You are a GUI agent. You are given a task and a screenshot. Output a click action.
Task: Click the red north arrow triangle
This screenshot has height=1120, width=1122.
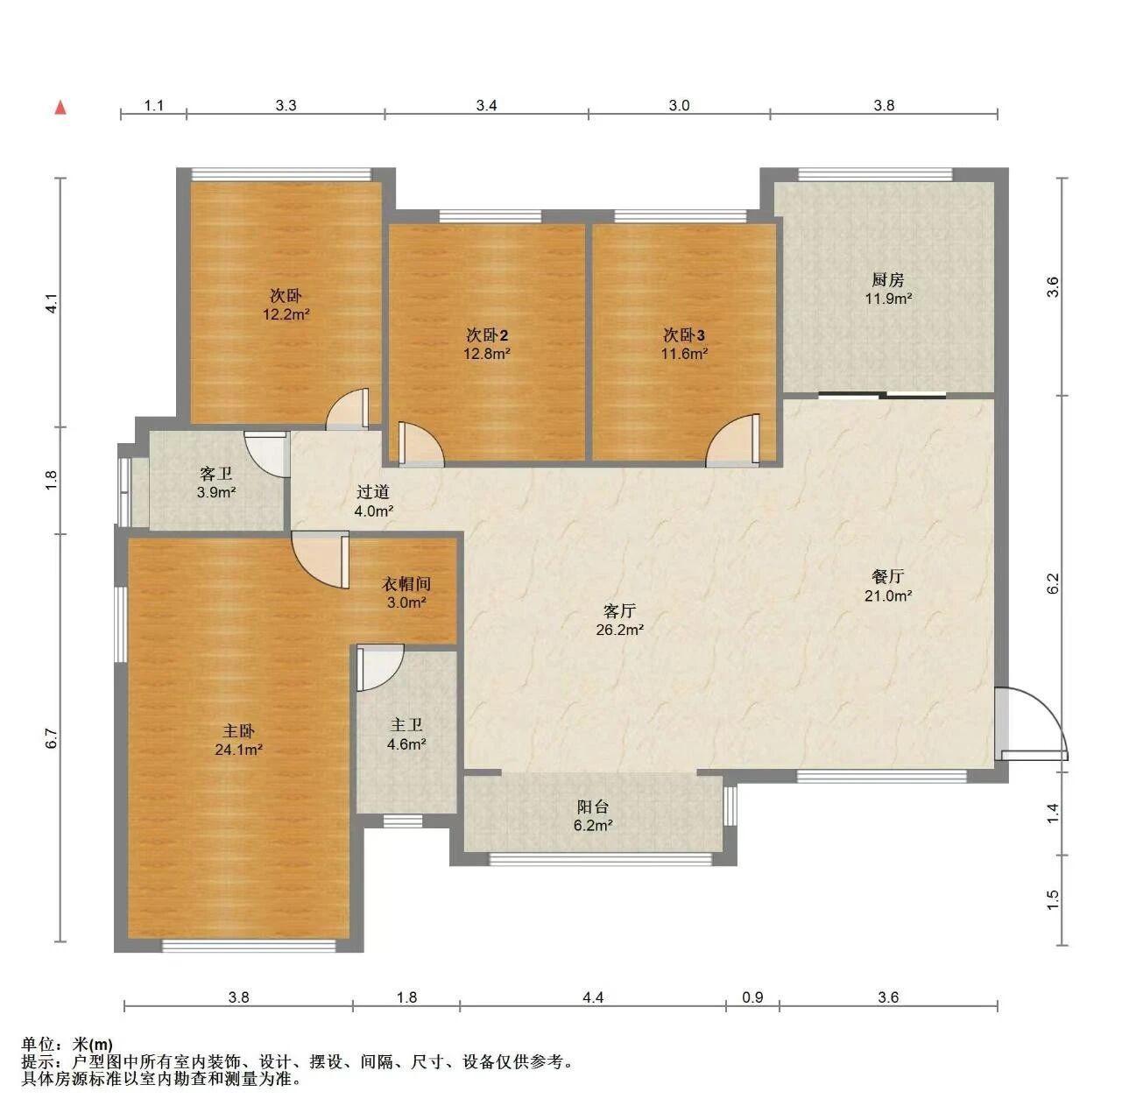[x=60, y=108]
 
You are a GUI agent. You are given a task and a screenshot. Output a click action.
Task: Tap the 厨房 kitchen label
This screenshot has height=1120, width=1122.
[x=887, y=280]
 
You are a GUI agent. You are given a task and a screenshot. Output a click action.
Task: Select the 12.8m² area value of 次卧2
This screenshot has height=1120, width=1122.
[x=487, y=354]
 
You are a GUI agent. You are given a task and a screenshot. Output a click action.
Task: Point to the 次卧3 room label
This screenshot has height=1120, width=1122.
[x=684, y=335]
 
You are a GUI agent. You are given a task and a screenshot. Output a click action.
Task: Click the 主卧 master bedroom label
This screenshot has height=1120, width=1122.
[x=238, y=730]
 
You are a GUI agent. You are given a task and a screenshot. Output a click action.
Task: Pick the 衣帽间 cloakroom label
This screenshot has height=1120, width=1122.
[x=406, y=583]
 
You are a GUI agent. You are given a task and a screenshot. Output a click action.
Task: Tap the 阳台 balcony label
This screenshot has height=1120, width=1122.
[x=593, y=807]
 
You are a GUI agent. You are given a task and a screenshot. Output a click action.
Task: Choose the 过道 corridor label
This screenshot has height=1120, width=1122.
[x=373, y=492]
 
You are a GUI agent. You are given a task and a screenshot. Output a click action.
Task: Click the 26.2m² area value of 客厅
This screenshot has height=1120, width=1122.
[x=619, y=630]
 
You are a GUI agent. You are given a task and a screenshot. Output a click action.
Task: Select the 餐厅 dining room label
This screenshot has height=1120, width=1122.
[x=888, y=576]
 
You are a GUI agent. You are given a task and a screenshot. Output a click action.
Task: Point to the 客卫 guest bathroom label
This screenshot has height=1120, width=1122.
[x=216, y=473]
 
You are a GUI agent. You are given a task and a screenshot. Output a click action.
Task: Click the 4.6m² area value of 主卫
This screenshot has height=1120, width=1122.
[x=406, y=743]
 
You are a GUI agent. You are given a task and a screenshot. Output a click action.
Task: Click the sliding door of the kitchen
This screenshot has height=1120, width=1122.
[x=882, y=395]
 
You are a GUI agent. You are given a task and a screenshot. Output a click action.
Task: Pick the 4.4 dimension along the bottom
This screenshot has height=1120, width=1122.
[x=593, y=997]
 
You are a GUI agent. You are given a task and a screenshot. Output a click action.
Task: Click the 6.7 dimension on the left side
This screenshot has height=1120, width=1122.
[x=53, y=738]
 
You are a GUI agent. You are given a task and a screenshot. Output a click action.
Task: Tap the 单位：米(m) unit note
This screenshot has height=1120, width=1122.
[x=67, y=1044]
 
